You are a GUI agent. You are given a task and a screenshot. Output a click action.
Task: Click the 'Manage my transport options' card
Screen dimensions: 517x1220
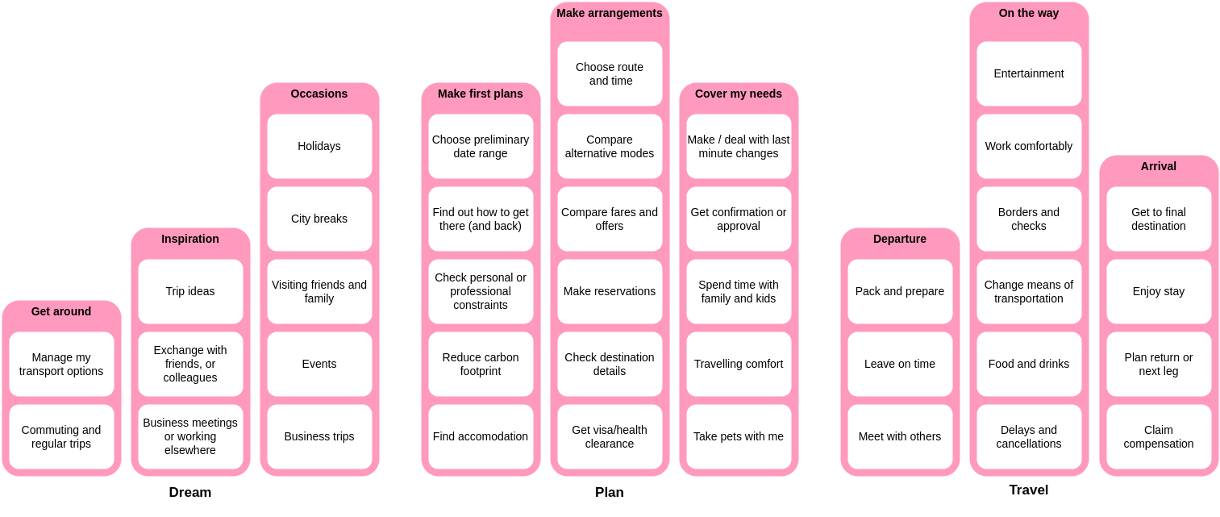61,364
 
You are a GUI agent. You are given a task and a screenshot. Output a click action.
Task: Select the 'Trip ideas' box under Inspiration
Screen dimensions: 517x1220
190,291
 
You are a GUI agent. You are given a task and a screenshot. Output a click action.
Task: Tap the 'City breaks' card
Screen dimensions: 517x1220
319,219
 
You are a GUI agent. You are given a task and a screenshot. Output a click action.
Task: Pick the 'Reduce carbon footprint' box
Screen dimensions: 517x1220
481,364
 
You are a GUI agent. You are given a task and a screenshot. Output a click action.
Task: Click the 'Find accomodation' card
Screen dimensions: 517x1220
481,436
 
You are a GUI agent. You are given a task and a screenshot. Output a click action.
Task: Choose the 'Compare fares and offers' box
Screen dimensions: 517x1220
610,219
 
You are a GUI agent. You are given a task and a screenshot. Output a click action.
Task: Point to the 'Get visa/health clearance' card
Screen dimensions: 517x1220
610,436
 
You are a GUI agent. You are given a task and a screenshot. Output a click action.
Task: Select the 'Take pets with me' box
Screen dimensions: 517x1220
739,436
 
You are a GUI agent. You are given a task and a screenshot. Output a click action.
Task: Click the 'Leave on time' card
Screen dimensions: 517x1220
900,364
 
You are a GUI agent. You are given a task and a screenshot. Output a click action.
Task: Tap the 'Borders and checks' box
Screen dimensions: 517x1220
1029,219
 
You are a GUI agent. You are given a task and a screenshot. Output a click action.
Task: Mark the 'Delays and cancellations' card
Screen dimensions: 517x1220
1029,436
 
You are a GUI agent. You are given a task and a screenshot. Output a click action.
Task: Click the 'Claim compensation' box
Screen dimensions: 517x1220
1159,436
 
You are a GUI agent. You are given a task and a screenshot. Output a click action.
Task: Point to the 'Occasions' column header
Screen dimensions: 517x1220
319,94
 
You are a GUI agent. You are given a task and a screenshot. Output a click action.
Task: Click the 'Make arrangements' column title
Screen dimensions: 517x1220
610,13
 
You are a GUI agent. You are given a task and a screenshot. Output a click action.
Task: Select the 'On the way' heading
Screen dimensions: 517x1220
1029,13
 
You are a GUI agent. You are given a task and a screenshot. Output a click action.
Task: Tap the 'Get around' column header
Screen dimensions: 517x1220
61,311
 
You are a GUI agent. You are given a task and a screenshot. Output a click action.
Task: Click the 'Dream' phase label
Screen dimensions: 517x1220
190,492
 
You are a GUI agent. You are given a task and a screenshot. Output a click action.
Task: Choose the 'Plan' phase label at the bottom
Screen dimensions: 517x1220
610,492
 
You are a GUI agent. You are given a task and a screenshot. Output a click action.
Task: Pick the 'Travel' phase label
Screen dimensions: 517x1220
1029,490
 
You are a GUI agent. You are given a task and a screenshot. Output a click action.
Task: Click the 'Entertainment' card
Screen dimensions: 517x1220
1029,73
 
